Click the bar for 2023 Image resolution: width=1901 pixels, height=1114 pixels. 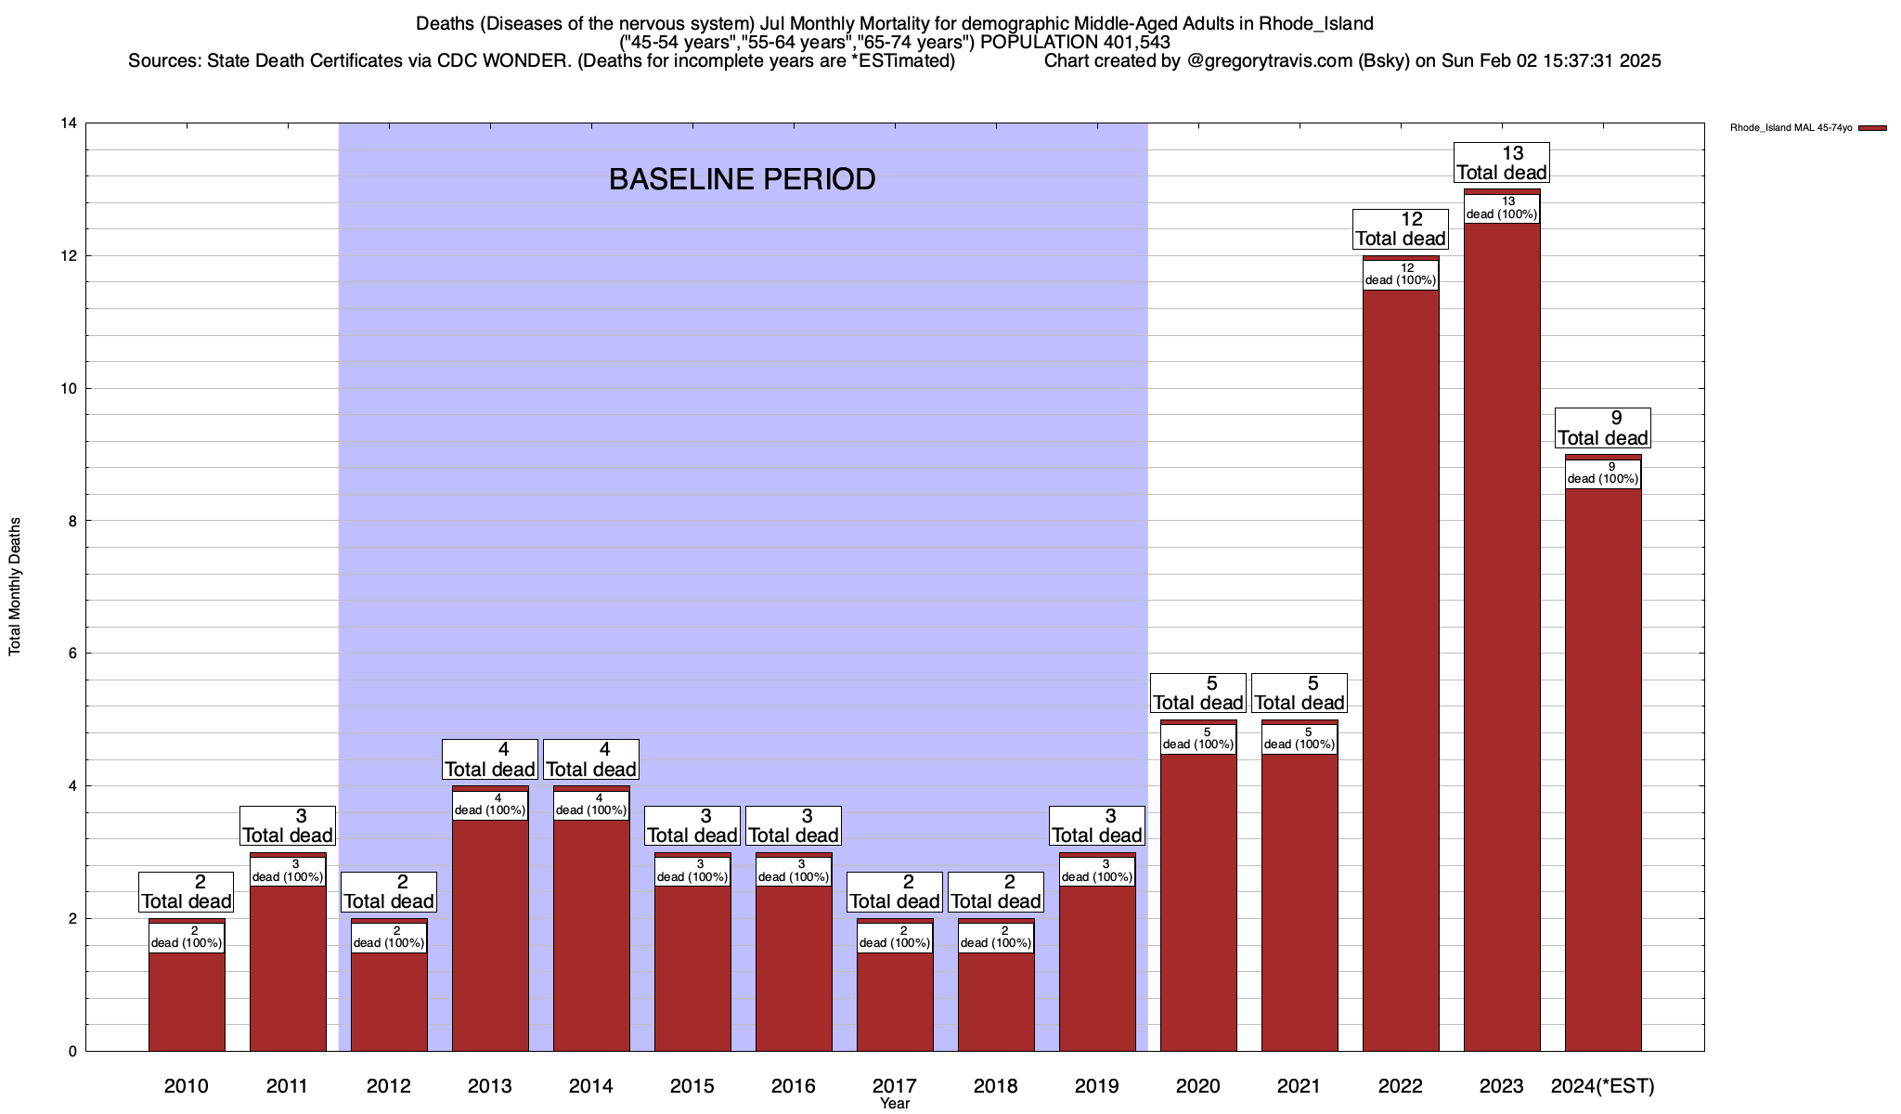coord(1502,650)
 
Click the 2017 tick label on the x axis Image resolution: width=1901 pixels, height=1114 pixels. coord(895,1086)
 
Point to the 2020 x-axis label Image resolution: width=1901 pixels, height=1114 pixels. coord(1198,1086)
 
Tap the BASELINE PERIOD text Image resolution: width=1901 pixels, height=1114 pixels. coord(742,179)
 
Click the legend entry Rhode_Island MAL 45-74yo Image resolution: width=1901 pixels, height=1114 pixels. coord(1791,128)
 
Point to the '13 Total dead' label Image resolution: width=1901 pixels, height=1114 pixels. coord(1502,162)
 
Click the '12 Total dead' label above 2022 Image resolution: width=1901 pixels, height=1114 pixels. coord(1401,229)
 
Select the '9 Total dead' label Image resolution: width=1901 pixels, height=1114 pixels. coord(1603,428)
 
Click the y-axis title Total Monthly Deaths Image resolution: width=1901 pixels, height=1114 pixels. coord(15,587)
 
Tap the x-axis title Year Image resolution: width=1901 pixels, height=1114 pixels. coord(895,1104)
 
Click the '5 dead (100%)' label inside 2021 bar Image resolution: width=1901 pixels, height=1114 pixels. coord(1300,739)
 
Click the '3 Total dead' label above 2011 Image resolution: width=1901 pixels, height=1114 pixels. coord(288,825)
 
